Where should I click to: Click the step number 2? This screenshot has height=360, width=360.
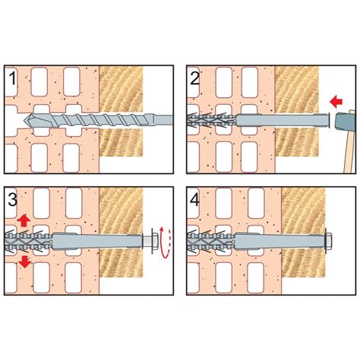click(194, 78)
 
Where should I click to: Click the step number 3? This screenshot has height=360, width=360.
click(12, 200)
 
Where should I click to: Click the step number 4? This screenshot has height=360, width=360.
click(194, 200)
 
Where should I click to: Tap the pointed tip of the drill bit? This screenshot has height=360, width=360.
click(24, 120)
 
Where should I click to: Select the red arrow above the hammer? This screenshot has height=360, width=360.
click(336, 102)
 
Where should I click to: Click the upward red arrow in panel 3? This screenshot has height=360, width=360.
click(24, 220)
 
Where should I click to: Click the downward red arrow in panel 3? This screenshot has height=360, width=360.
click(25, 262)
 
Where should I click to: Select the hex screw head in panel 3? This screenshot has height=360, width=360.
click(153, 241)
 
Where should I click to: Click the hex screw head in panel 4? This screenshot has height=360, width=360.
click(327, 241)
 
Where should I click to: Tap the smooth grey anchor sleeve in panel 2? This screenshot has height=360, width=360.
click(283, 121)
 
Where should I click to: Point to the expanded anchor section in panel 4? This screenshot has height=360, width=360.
click(212, 241)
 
